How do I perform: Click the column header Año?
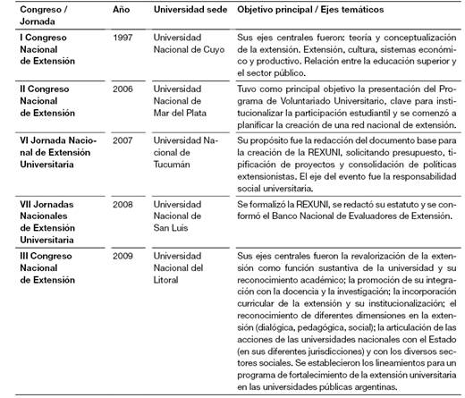tap(122, 8)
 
